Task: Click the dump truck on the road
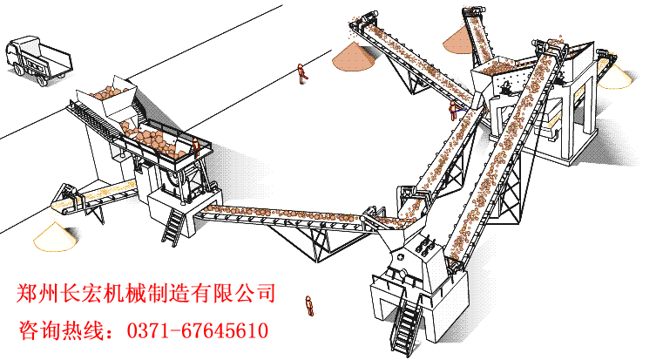point(38,61)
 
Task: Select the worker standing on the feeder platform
point(196,147)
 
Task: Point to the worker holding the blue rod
point(453,110)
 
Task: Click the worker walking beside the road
point(302,73)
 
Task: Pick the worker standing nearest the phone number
point(309,305)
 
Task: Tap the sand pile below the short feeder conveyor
point(56,237)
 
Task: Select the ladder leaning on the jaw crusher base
point(173,227)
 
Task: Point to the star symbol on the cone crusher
point(401,257)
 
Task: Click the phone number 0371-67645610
point(198,330)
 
